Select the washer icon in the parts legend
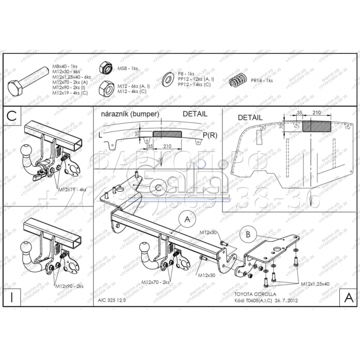169,78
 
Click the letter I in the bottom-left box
12,297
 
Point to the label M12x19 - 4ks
72,190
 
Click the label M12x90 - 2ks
69,286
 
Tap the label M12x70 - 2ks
155,282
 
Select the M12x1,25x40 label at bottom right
315,284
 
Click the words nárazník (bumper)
129,115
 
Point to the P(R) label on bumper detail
209,136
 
